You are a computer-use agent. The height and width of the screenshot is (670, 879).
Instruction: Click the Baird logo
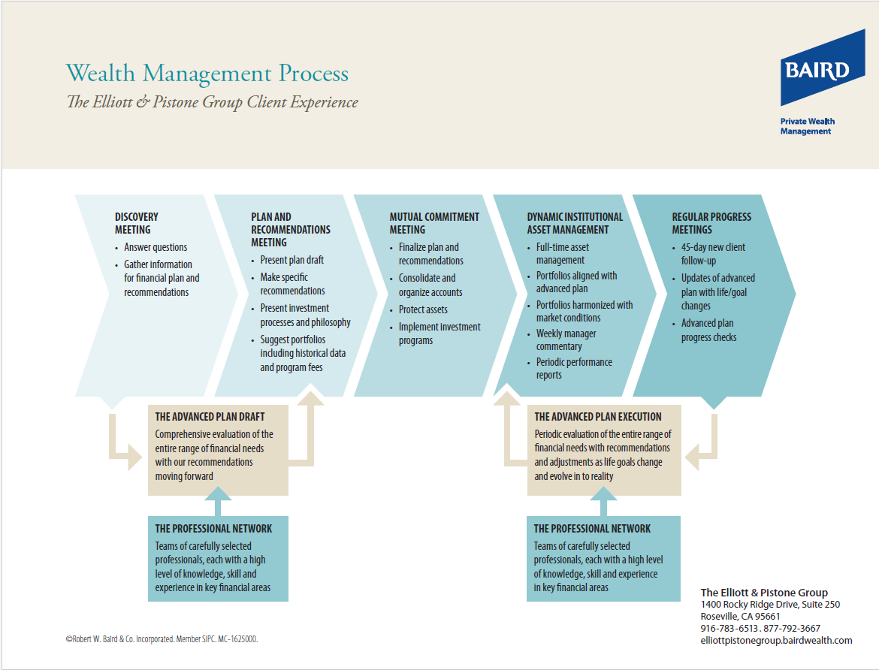[x=823, y=68]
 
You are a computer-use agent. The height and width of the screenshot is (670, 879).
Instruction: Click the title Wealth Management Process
[x=207, y=74]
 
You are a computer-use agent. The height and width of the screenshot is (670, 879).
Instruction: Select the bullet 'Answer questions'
[x=156, y=247]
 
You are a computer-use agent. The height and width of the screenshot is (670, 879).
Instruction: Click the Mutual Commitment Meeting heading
[x=434, y=223]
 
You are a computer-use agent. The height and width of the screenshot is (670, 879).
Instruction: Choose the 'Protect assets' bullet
[x=423, y=309]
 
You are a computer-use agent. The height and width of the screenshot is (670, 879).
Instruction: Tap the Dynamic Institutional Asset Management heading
[x=575, y=223]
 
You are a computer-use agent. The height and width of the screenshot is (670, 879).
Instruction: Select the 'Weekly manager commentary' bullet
[x=566, y=340]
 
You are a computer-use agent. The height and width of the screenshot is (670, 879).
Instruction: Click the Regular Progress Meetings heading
[x=711, y=223]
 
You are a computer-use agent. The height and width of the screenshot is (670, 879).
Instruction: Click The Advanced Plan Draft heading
[x=210, y=417]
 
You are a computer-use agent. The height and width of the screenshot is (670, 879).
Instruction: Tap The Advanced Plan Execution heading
[x=597, y=417]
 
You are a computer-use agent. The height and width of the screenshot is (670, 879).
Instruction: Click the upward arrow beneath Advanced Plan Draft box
[x=218, y=501]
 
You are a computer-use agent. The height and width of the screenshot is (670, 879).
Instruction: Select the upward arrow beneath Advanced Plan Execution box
[x=604, y=501]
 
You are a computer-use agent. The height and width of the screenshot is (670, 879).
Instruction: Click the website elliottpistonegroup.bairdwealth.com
[x=776, y=640]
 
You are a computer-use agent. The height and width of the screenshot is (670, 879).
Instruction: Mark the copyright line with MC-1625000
[x=162, y=639]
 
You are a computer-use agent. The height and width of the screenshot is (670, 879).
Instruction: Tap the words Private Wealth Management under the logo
[x=807, y=126]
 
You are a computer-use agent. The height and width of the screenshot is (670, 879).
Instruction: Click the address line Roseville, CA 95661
[x=740, y=616]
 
